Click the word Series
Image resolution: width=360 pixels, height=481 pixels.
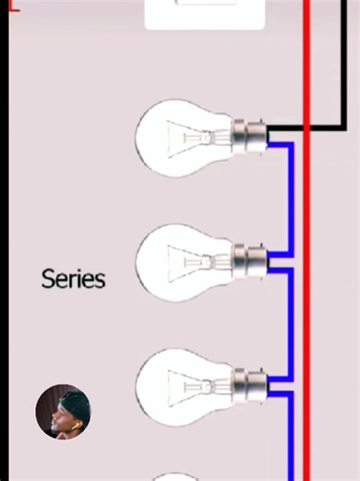click(73, 278)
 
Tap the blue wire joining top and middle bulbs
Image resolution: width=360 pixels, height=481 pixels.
click(292, 199)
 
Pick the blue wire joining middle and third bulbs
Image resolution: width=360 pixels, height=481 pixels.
click(292, 324)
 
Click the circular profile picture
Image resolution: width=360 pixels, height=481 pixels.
click(63, 412)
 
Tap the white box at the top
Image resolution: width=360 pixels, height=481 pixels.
click(204, 14)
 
